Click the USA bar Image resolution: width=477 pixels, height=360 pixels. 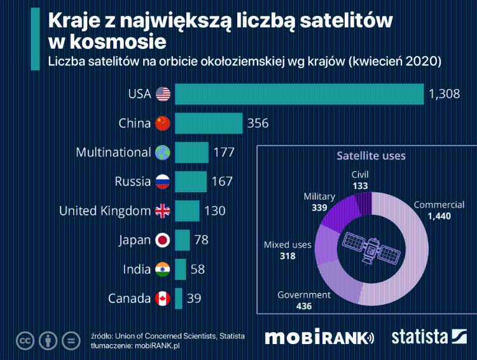(x=299, y=94)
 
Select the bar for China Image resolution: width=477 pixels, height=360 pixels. (x=209, y=123)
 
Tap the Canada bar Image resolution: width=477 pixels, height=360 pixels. (x=179, y=298)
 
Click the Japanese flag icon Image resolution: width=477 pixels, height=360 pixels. (x=163, y=240)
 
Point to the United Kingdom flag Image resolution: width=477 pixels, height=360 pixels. (x=163, y=211)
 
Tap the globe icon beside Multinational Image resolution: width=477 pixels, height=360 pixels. (x=163, y=153)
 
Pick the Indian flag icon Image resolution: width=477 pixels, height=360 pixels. (x=163, y=270)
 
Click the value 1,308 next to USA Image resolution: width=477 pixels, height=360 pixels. (x=444, y=94)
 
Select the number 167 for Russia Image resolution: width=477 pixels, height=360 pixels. (x=221, y=182)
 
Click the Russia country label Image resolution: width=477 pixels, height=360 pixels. (x=132, y=182)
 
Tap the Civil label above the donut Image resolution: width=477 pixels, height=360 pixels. (x=360, y=174)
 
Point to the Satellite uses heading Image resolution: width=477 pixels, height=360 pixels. (x=371, y=155)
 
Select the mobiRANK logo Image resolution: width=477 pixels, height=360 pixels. (x=319, y=338)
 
